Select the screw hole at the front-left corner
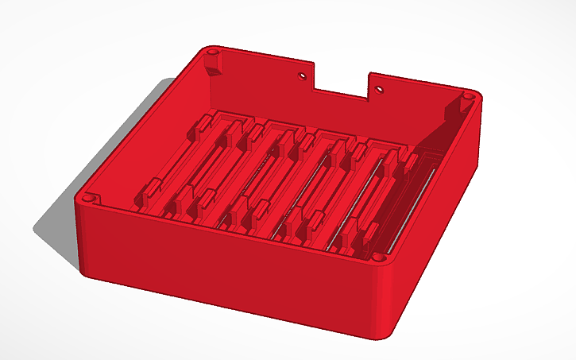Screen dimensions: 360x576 click(89, 195)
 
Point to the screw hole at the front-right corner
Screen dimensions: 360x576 click(380, 257)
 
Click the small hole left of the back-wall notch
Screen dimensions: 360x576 click(302, 77)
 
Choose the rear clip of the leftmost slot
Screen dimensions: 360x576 click(203, 124)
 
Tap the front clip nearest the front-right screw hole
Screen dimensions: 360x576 click(369, 233)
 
